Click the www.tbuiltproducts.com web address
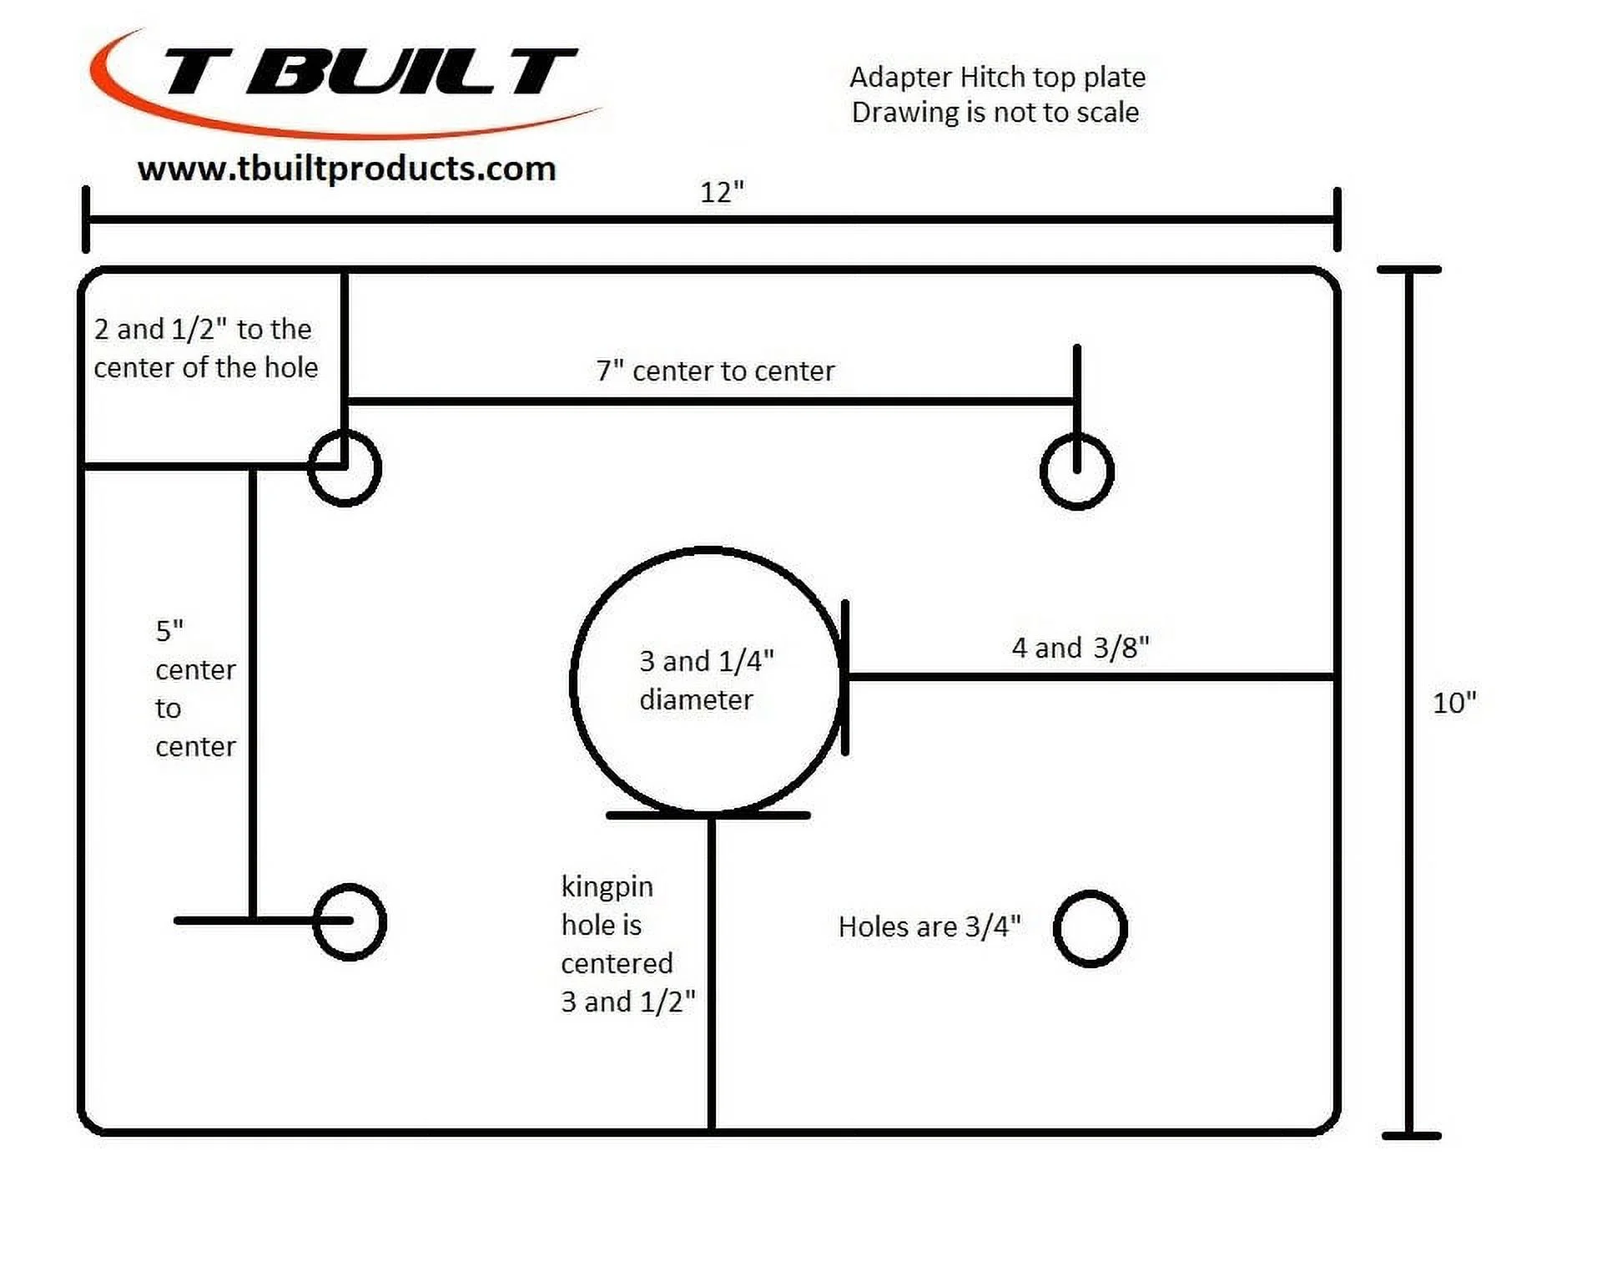346,169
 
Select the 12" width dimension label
722,193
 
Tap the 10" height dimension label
1454,703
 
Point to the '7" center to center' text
715,371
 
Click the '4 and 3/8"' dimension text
1081,648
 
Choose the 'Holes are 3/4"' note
929,927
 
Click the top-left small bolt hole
345,468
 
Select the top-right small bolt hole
1077,472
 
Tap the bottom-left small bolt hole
350,922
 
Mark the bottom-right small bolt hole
1091,929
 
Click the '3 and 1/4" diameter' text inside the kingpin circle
706,680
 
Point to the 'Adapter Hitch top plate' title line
997,78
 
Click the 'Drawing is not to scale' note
995,113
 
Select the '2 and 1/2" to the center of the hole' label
205,349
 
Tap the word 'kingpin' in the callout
607,887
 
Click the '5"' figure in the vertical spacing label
169,631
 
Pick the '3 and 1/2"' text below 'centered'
627,1002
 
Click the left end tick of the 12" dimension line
86,220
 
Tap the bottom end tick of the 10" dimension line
1411,1136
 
